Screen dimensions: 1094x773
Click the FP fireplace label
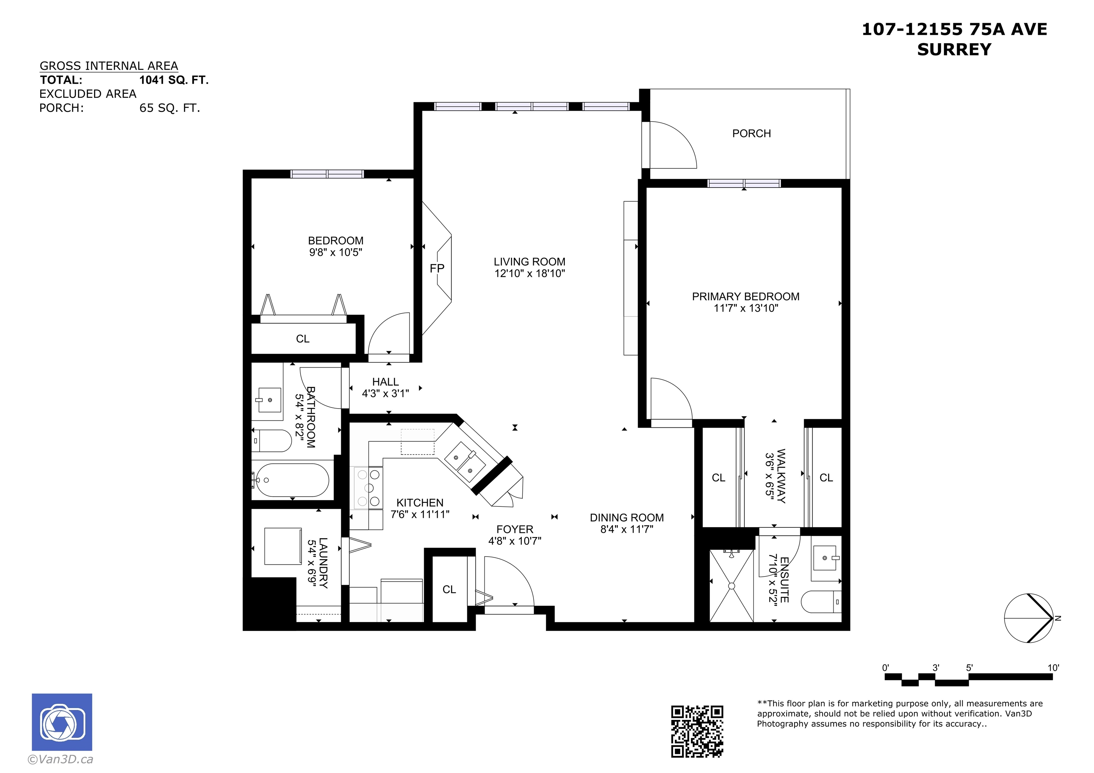(437, 269)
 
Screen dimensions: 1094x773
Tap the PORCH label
(751, 133)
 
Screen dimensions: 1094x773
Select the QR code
(697, 731)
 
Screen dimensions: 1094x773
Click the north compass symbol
(1029, 618)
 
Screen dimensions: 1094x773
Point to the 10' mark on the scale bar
(1053, 668)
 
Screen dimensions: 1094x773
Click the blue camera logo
(62, 722)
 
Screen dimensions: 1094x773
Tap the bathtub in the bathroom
(292, 480)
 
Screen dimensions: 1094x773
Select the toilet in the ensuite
(822, 601)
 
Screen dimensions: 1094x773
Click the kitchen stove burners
(369, 488)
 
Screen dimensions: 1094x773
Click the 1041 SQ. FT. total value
(174, 80)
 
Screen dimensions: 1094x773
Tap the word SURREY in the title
(954, 49)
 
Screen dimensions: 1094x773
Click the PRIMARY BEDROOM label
(746, 297)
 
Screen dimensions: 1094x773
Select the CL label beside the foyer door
(449, 590)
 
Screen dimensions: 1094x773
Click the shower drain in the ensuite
(731, 586)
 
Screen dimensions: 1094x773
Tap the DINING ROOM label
(626, 518)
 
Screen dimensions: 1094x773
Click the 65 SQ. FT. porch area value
(170, 108)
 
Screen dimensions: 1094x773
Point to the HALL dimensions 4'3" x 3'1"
(385, 393)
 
